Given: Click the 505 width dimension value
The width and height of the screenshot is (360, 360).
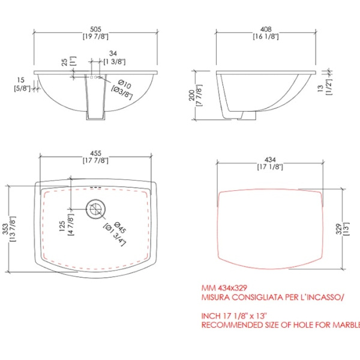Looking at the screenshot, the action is coord(95,29).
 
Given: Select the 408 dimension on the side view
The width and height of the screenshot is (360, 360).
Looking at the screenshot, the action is coord(266,29).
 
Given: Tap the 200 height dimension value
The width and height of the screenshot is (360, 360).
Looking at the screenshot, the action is coord(192,95).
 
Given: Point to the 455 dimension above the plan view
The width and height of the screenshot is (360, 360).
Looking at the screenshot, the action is coord(95,153).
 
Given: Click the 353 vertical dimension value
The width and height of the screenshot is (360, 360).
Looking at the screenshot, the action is coord(5,229).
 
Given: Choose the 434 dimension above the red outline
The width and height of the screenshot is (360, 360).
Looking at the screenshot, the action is coord(270,160).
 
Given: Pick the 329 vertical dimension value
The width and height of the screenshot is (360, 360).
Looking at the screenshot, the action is coord(340,229).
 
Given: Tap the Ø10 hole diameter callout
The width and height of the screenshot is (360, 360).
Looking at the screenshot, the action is coord(125,84).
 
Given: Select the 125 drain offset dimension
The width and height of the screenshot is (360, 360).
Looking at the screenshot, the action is coord(62,226).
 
